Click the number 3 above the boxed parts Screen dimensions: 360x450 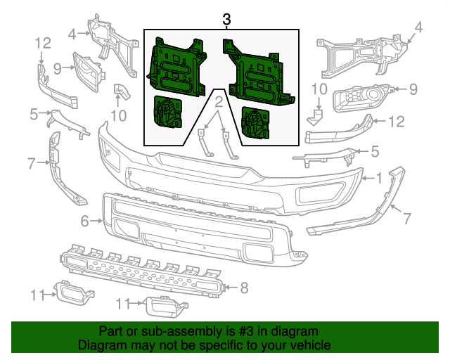(226, 20)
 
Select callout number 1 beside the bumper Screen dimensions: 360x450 (380, 178)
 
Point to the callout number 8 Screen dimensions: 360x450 (244, 287)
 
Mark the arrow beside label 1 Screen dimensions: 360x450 (367, 178)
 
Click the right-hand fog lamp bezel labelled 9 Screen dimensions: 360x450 (361, 97)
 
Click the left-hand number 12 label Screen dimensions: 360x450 (41, 44)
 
